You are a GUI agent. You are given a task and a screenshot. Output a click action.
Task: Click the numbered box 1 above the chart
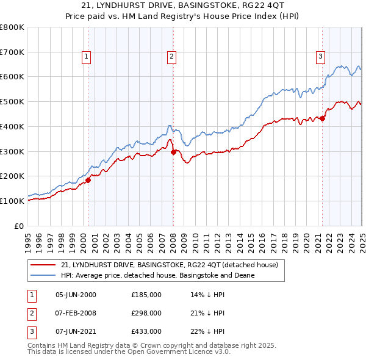[87, 57]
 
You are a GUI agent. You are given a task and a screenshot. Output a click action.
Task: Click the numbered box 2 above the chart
[172, 57]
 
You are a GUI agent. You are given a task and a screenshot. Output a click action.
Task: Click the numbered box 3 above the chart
[320, 57]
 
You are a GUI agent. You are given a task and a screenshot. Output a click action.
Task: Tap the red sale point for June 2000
[88, 179]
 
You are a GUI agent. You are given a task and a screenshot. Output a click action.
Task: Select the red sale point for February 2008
[173, 152]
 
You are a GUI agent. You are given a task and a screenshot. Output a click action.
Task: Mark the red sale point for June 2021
[322, 118]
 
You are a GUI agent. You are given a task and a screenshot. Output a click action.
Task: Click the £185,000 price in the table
[146, 295]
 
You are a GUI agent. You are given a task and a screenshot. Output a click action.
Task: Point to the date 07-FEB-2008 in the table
[76, 313]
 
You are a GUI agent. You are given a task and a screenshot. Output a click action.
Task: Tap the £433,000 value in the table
[146, 331]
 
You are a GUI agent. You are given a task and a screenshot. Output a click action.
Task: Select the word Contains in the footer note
[43, 345]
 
